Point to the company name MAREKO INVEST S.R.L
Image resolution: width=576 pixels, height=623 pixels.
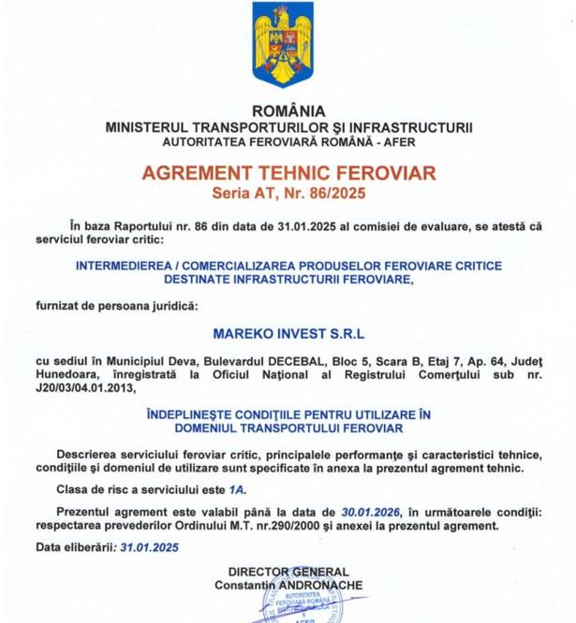click(x=288, y=330)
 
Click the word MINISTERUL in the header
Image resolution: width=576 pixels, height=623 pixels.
click(x=151, y=125)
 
